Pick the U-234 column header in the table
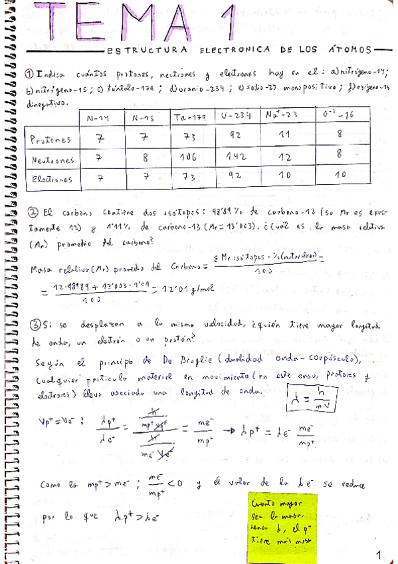pyautogui.click(x=236, y=116)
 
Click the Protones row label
pyautogui.click(x=50, y=140)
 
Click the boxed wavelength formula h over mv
pyautogui.click(x=323, y=400)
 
